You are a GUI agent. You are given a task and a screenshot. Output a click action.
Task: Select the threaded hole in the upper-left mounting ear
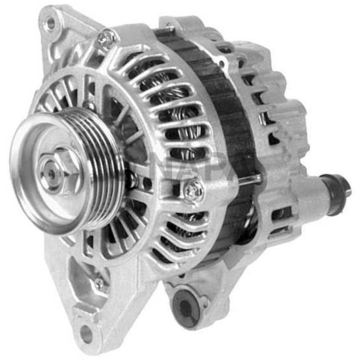(x=51, y=23)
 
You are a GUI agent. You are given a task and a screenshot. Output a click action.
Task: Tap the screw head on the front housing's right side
(x=194, y=190)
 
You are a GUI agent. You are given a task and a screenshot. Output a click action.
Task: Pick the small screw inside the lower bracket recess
(x=99, y=283)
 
